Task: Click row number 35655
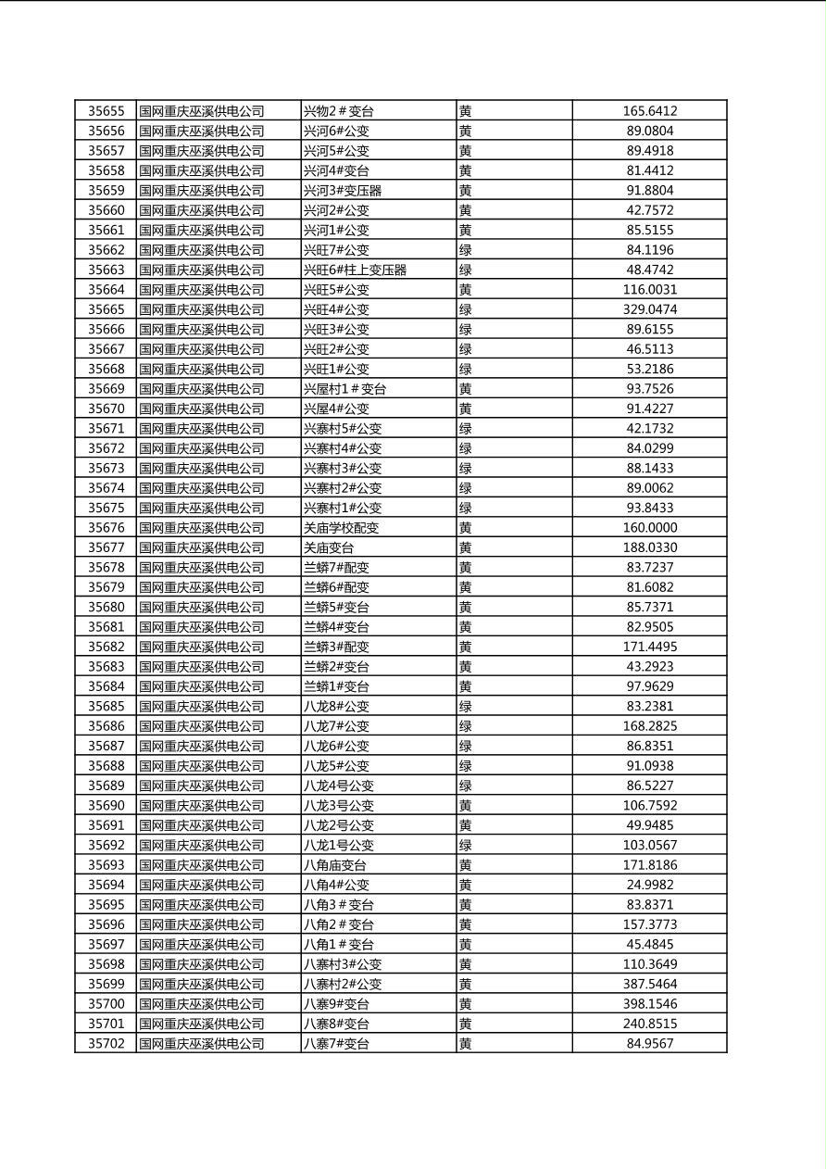click(x=106, y=111)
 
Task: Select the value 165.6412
click(x=649, y=111)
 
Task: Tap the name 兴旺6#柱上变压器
click(x=356, y=270)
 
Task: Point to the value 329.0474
click(x=649, y=309)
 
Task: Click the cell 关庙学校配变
click(x=342, y=528)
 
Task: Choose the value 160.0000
click(x=649, y=528)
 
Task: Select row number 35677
click(x=106, y=547)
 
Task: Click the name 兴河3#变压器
click(x=343, y=191)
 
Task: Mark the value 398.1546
click(x=649, y=1004)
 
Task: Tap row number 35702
click(x=106, y=1044)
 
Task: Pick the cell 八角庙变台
click(x=335, y=865)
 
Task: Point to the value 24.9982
click(x=649, y=885)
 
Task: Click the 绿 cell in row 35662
click(x=466, y=250)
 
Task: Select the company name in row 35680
click(x=201, y=608)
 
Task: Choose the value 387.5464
click(x=649, y=985)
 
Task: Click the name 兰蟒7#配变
click(x=336, y=568)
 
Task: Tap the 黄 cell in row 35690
click(x=466, y=806)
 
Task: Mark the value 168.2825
click(x=649, y=726)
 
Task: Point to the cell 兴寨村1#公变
click(x=343, y=508)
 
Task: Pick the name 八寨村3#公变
click(x=343, y=964)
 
